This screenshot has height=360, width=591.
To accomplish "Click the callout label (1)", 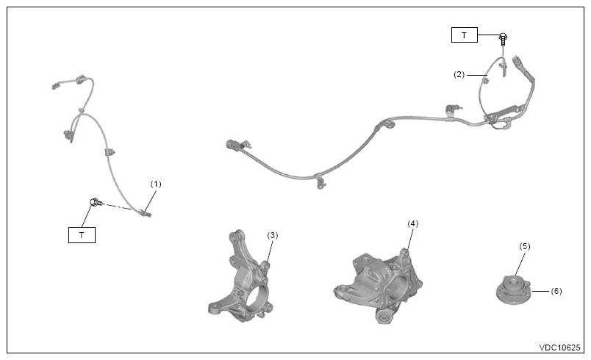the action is tap(156, 184).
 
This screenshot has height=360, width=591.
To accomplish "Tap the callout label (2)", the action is tap(459, 74).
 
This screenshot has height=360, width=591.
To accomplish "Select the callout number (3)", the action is tap(273, 235).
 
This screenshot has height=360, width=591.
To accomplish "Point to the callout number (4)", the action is tap(412, 223).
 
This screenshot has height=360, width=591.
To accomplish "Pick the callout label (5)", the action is tap(525, 246).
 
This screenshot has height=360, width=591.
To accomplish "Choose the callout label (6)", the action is tap(556, 291).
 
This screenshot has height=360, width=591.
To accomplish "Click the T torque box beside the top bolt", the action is tap(465, 35).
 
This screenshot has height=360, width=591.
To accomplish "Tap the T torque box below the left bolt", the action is tap(82, 235).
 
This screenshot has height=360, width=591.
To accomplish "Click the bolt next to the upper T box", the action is tap(503, 39).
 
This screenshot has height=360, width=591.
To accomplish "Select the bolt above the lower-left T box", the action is tap(96, 202).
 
